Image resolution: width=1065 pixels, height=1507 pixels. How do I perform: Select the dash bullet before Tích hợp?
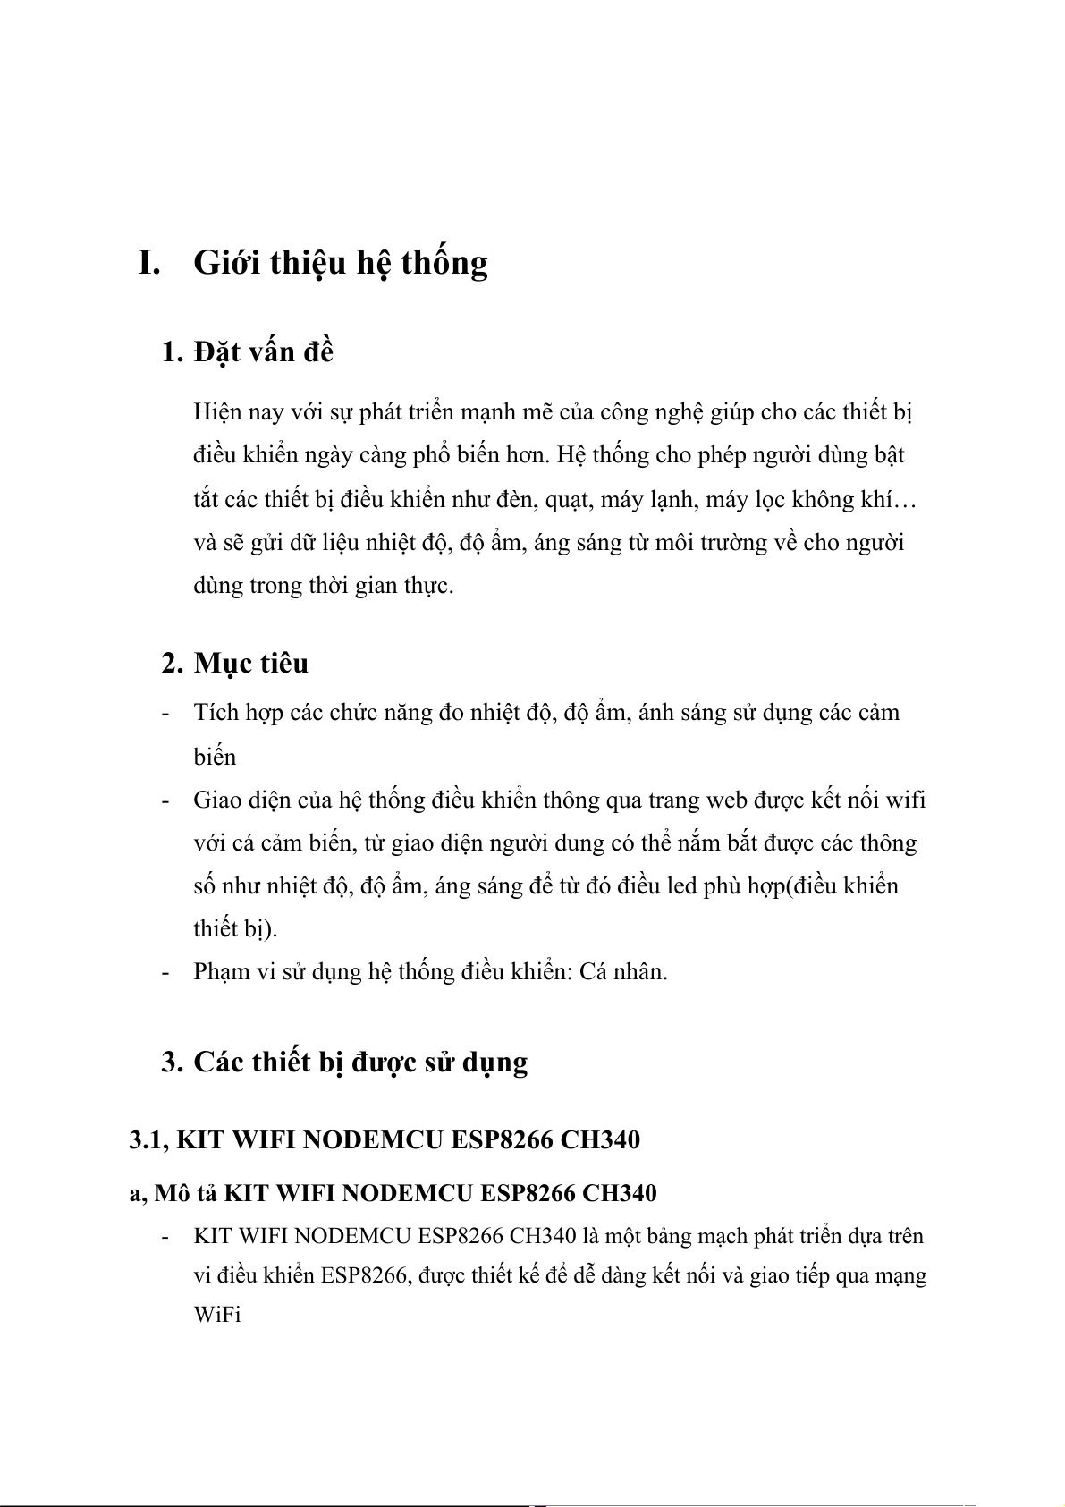click(165, 714)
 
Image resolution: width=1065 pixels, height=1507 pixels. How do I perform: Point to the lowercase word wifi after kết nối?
click(905, 800)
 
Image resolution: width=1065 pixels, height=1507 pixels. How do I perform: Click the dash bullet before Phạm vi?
click(165, 972)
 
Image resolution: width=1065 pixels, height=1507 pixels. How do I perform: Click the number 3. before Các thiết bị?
click(173, 1063)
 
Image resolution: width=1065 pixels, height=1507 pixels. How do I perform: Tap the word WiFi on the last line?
click(217, 1315)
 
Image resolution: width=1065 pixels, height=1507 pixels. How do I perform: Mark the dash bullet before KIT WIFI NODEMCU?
click(165, 1237)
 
